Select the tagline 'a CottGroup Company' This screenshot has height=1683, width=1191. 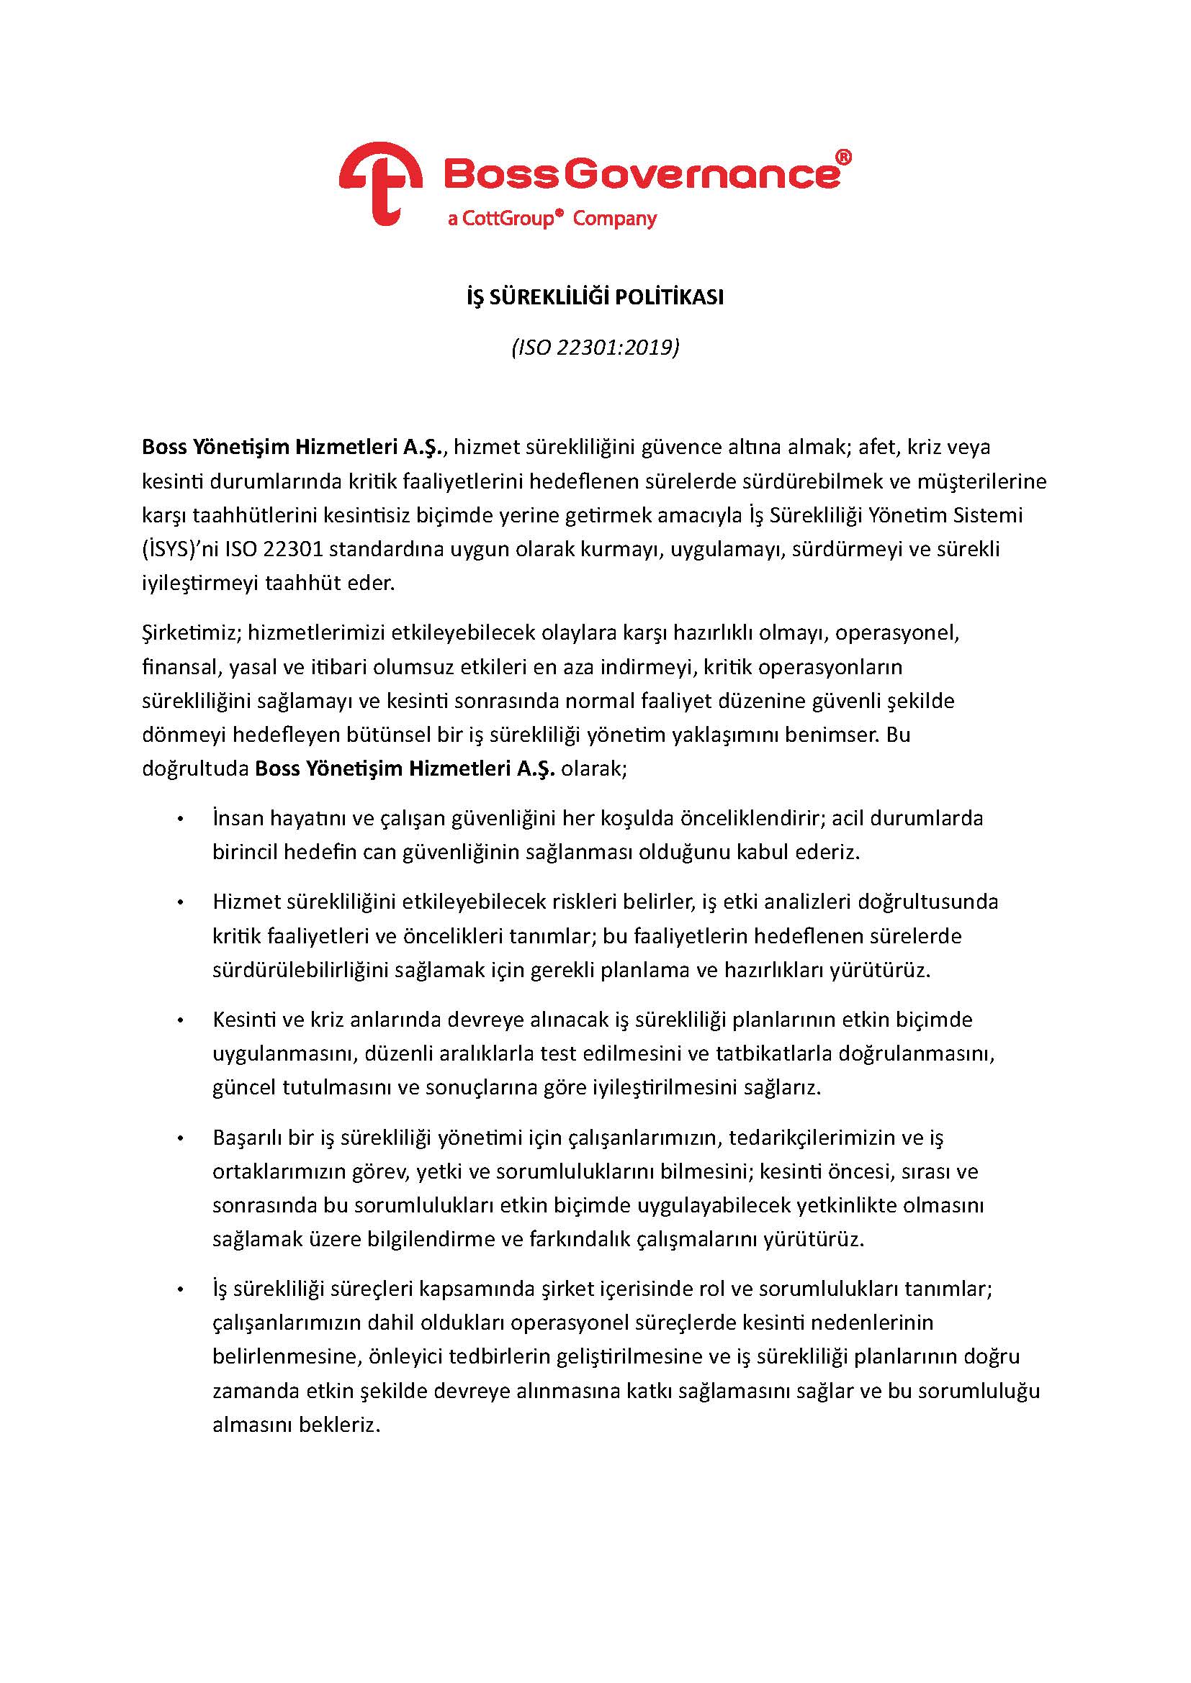coord(552,219)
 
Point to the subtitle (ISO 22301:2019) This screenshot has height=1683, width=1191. coord(595,347)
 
